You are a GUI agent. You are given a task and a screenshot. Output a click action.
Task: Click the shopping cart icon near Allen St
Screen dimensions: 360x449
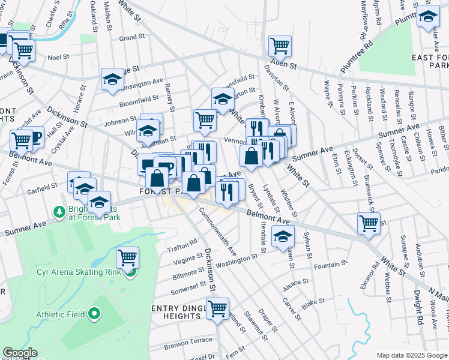click(280, 45)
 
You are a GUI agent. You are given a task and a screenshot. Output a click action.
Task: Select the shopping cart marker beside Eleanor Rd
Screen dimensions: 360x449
click(369, 223)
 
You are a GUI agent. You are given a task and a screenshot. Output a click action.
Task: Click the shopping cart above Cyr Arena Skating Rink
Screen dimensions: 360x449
click(127, 258)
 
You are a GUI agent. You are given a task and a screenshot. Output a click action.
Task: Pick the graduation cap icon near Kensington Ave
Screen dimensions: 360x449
click(112, 79)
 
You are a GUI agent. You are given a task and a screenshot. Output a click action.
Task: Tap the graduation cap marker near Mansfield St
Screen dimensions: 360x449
click(222, 99)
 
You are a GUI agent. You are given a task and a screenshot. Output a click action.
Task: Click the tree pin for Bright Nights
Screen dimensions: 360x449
click(59, 212)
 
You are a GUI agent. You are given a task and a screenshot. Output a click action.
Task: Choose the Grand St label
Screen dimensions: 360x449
click(132, 37)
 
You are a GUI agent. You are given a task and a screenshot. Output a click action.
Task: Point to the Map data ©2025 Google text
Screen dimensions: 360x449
click(411, 355)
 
